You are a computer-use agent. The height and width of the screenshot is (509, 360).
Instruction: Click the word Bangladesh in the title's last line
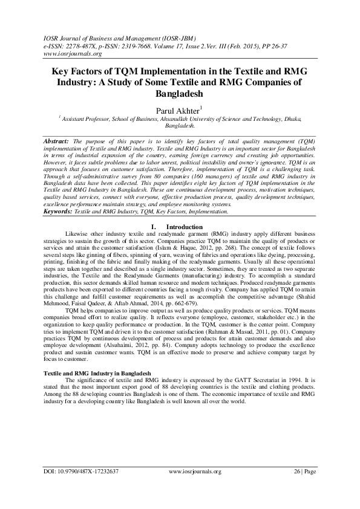coord(180,94)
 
